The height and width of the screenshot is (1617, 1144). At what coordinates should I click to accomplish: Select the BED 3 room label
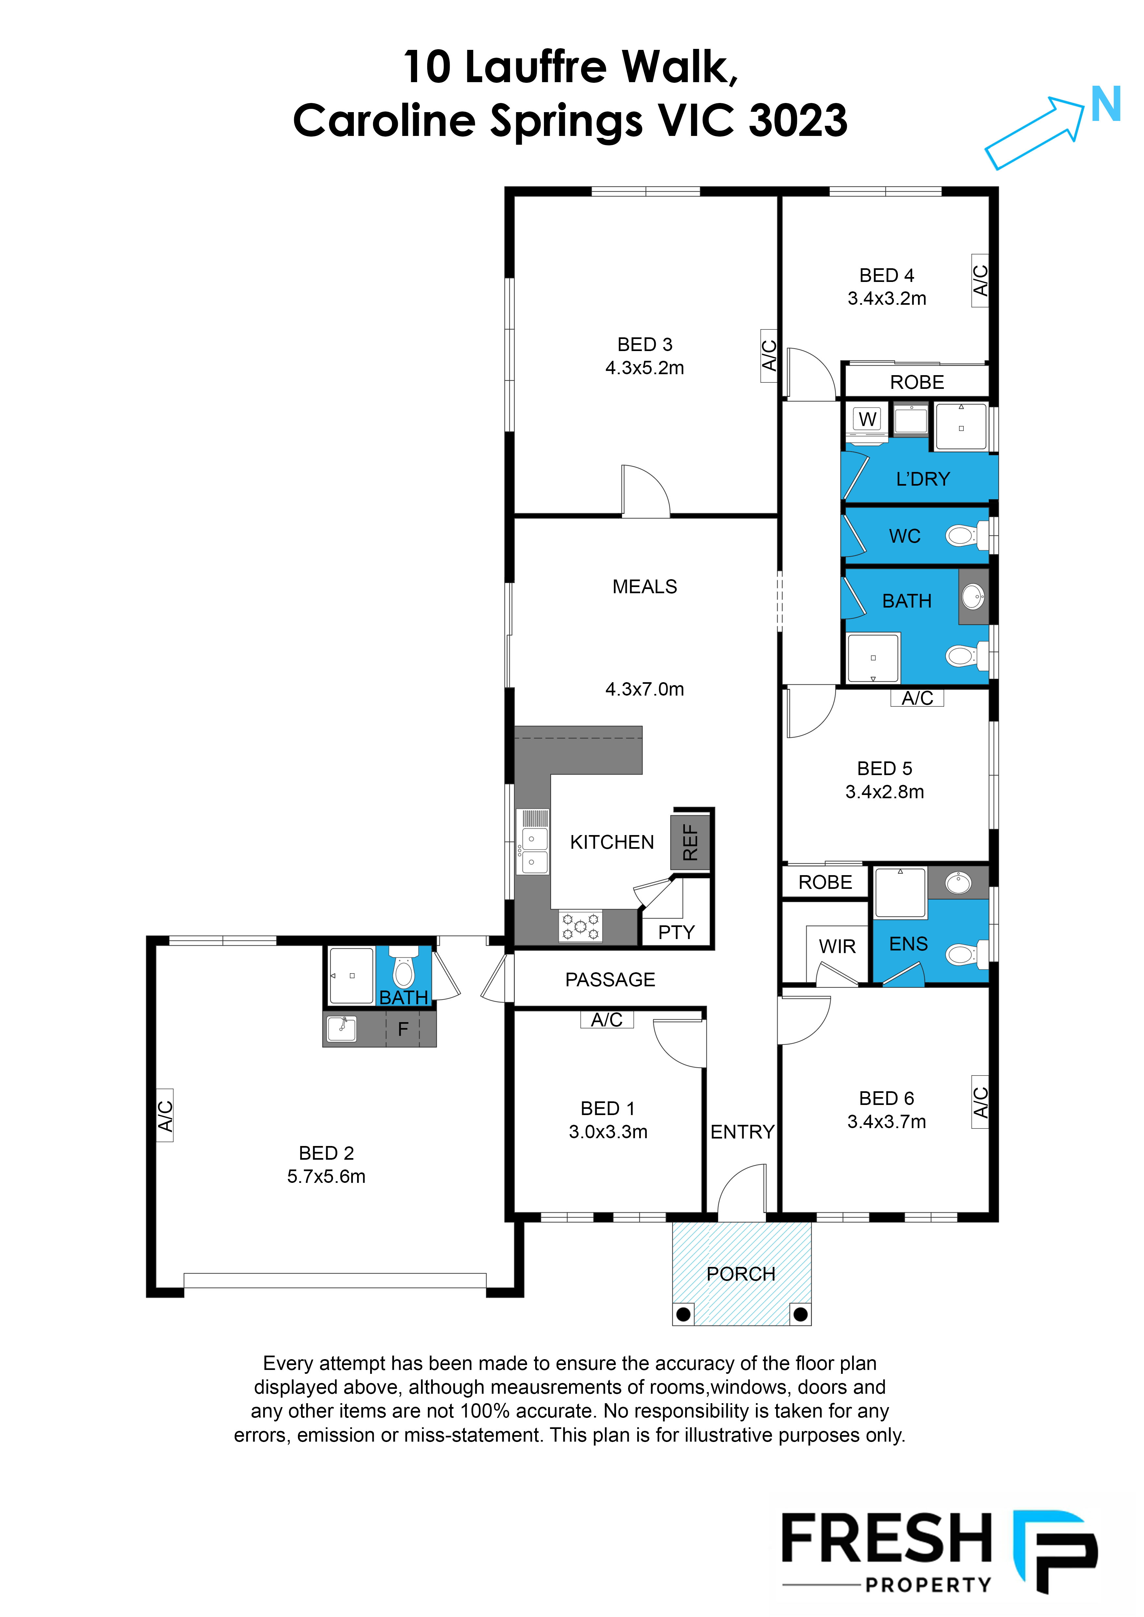pyautogui.click(x=644, y=345)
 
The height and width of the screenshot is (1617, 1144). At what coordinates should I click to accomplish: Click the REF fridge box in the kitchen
pyautogui.click(x=690, y=842)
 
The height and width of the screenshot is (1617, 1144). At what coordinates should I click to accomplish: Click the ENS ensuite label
pyautogui.click(x=908, y=944)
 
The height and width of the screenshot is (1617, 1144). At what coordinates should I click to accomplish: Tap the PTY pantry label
pyautogui.click(x=676, y=933)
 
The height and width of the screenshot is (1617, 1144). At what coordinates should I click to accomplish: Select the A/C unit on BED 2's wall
pyautogui.click(x=165, y=1115)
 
